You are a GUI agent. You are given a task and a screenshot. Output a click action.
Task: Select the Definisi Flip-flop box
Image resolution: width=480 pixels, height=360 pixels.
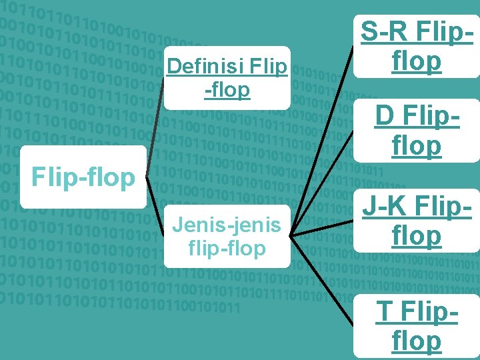[227, 77]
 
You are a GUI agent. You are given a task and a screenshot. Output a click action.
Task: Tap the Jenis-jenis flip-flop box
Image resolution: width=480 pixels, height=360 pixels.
[227, 237]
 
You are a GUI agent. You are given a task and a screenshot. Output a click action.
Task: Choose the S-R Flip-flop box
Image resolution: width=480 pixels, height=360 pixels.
[417, 46]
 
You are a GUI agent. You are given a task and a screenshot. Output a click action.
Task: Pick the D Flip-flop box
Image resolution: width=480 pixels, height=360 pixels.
[417, 130]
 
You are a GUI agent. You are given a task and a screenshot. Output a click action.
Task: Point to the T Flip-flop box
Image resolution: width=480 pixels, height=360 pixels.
[417, 325]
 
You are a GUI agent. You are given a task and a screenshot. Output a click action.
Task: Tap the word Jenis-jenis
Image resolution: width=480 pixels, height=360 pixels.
[227, 225]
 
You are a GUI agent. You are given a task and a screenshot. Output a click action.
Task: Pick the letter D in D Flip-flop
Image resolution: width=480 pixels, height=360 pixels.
[384, 116]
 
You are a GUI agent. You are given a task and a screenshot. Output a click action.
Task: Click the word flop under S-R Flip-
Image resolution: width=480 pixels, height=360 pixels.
[417, 61]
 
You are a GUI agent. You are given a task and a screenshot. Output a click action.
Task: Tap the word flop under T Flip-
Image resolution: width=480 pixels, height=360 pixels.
[417, 341]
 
